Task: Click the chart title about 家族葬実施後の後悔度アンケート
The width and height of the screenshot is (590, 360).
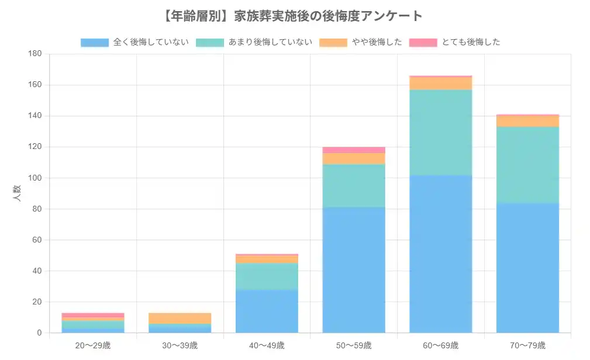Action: coord(295,16)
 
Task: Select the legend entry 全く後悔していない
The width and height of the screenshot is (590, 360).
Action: coord(134,42)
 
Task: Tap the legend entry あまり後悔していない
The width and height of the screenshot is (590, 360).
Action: coord(254,42)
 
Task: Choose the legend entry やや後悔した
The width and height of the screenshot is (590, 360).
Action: coord(361,42)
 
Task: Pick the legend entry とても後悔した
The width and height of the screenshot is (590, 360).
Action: coord(454,42)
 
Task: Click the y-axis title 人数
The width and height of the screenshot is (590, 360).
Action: coord(17,193)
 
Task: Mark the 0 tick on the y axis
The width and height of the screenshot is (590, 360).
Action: coord(39,333)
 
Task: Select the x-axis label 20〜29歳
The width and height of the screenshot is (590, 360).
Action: coord(92,345)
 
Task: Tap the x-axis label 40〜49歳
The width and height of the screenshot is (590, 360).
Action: coord(267,345)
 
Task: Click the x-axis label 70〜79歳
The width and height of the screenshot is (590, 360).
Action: coord(527,345)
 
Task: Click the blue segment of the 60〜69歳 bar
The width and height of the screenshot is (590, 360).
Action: coord(440,254)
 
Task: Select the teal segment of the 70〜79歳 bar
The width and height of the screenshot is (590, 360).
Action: coord(527,165)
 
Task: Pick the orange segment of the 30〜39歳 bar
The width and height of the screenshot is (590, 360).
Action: coord(180,319)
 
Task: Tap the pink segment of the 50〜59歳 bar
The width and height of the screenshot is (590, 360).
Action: coord(354,150)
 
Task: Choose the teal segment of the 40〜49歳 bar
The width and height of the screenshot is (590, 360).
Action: coord(267,276)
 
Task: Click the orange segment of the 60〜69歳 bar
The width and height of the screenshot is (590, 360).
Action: coord(440,84)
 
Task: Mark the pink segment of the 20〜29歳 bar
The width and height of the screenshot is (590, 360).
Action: coord(92,315)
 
